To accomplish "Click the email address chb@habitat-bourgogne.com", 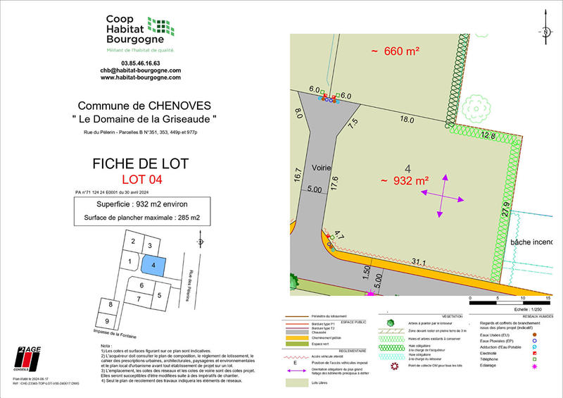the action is pos(140,70).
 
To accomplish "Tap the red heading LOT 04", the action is pos(141,180).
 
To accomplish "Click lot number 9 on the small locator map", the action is pos(106,321).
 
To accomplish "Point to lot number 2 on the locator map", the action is pos(132,242).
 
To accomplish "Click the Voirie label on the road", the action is pos(323,169).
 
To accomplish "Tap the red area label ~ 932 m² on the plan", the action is pos(405,181).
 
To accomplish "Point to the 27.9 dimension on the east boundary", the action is pos(504,209).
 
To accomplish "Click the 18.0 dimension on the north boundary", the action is pos(407,120).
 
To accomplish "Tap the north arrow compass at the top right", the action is pos(545,32).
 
